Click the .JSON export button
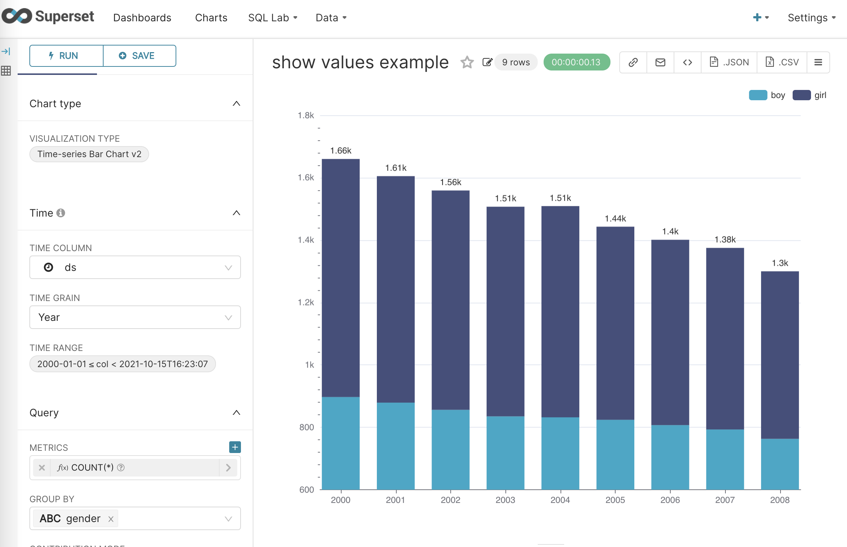[729, 62]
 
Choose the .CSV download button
[782, 62]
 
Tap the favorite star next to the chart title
[467, 62]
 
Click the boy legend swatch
[758, 95]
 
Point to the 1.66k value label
[340, 151]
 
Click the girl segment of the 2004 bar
[560, 312]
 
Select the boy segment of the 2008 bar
[780, 464]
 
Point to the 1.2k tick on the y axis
[306, 303]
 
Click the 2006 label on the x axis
[670, 500]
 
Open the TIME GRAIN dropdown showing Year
[135, 317]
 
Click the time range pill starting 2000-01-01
[122, 364]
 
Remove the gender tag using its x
[111, 519]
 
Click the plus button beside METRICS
[235, 447]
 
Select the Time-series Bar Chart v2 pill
[89, 154]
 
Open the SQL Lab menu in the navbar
[273, 18]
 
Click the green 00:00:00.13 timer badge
[576, 62]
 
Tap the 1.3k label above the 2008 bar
[780, 263]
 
